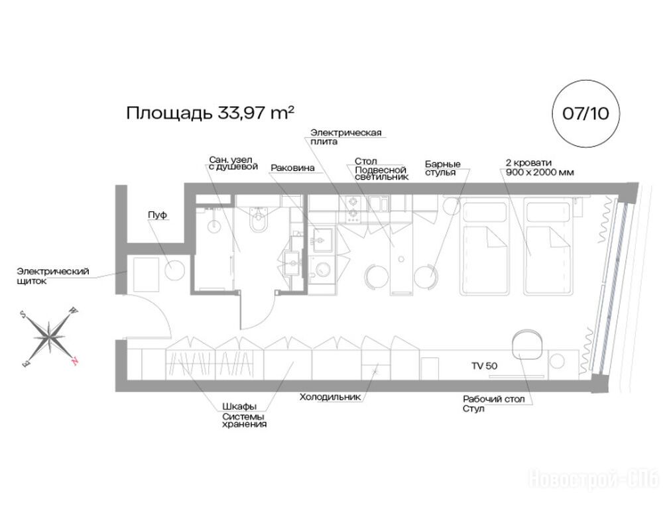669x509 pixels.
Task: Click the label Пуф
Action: tap(157, 215)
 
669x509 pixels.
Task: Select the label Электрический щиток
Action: tap(53, 276)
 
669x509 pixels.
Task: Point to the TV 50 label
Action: tap(484, 366)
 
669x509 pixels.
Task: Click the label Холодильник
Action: tap(330, 397)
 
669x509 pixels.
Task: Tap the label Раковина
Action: tap(292, 168)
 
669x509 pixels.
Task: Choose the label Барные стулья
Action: tap(443, 168)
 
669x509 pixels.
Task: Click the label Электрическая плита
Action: tap(346, 137)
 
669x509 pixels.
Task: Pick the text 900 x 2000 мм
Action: tap(540, 172)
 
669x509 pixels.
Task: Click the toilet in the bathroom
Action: tap(259, 219)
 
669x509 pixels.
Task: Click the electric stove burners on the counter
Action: tap(353, 209)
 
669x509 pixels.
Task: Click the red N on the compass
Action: tap(75, 361)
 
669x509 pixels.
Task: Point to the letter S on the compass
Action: tap(23, 315)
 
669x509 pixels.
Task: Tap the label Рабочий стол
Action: tap(494, 400)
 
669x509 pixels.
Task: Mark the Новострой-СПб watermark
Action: tap(593, 479)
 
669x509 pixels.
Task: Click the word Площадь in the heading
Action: tap(169, 113)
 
